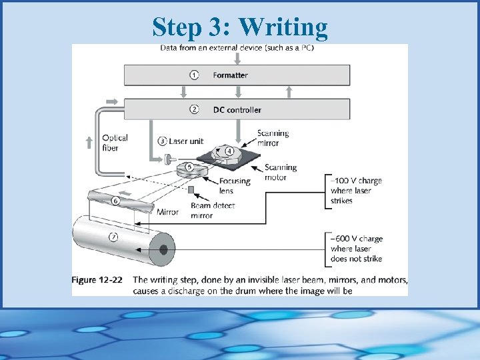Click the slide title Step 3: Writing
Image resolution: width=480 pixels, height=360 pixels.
(240, 27)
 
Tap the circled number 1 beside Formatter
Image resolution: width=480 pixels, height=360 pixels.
(194, 75)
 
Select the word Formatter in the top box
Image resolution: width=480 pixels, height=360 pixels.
(230, 75)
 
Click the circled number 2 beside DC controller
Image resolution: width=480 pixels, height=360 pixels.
(194, 109)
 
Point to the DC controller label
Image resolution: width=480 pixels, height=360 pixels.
(237, 109)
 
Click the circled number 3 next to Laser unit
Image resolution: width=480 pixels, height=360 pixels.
(163, 141)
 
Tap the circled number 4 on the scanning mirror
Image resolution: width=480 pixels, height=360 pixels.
(229, 151)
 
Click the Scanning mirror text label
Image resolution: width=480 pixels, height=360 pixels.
(273, 138)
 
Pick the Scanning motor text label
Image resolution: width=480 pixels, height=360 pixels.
(280, 173)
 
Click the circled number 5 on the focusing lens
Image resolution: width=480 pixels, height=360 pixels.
(189, 167)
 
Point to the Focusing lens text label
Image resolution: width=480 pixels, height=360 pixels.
(235, 185)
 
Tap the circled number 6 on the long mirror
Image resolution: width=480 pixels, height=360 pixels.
(115, 201)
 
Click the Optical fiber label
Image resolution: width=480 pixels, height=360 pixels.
(115, 143)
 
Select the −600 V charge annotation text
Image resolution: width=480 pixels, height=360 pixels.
(357, 249)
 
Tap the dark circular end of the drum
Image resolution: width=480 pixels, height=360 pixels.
(162, 251)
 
